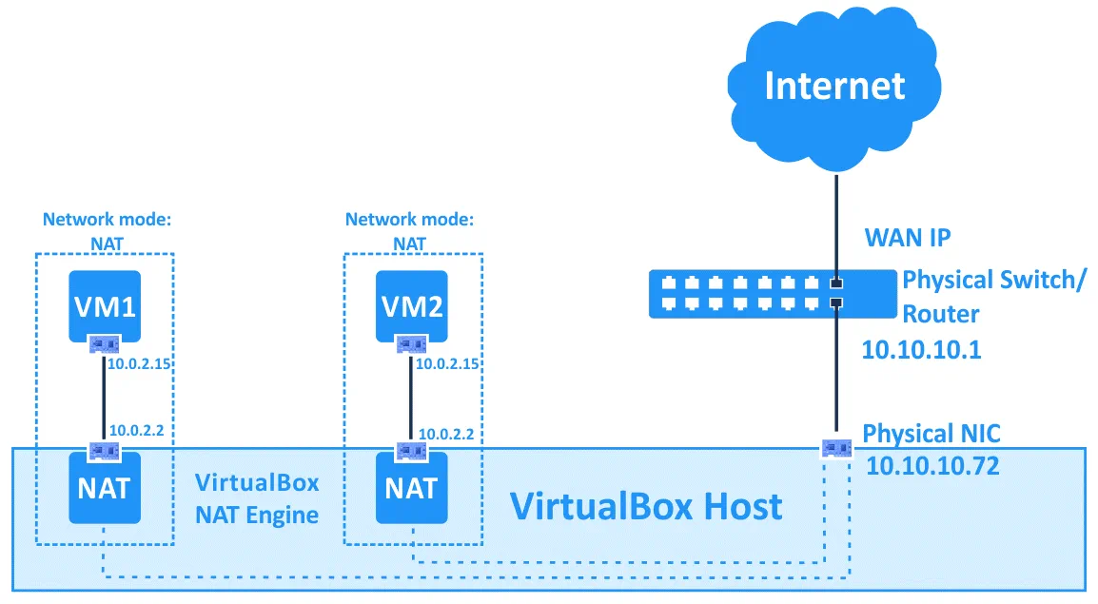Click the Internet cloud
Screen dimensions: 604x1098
point(833,86)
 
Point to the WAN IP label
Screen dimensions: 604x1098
point(907,237)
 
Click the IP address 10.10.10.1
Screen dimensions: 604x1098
point(921,349)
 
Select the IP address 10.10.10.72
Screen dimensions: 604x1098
point(932,466)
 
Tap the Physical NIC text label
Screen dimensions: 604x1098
point(931,435)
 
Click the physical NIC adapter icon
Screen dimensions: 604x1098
point(835,445)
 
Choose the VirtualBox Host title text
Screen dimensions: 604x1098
point(646,505)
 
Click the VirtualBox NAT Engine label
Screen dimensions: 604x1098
point(257,498)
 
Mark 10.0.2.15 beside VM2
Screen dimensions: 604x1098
point(448,363)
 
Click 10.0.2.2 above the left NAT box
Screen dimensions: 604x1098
point(137,430)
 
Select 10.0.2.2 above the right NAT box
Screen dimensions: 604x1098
point(446,433)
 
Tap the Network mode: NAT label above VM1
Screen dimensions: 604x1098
point(106,230)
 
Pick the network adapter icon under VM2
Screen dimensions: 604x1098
point(413,343)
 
